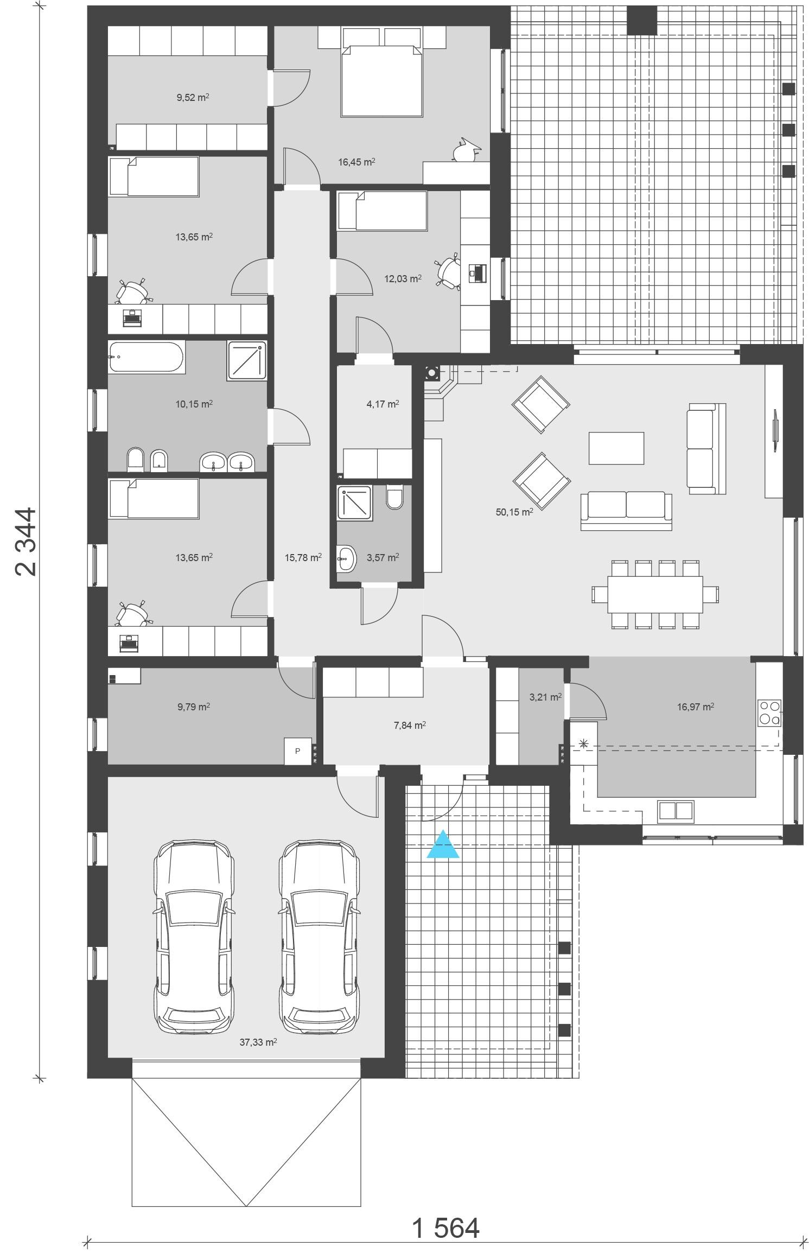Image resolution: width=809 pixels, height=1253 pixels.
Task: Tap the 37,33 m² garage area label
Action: coord(258,1041)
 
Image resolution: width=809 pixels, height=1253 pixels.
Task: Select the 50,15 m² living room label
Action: coord(514,512)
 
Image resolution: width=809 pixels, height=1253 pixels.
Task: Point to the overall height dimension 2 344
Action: coord(26,541)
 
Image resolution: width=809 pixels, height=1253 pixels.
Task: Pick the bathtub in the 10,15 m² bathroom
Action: coord(146,357)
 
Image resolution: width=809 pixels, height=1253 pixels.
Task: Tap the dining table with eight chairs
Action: coord(655,594)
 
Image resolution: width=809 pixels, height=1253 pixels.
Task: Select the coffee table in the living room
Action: coord(616,448)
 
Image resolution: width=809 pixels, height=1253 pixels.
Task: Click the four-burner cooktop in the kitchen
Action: coord(769,713)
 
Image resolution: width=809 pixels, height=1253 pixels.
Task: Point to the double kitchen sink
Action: coord(676,810)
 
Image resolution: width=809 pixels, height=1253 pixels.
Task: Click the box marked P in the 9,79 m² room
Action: coord(297,751)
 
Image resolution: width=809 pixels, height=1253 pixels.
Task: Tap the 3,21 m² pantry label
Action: coord(545,697)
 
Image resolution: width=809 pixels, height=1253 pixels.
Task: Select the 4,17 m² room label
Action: coord(383,404)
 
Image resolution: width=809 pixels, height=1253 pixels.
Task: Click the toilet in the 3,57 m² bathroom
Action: coord(395,497)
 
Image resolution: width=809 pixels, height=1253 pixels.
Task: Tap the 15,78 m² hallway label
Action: coord(303,557)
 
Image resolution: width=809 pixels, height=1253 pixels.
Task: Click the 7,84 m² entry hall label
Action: coord(410,725)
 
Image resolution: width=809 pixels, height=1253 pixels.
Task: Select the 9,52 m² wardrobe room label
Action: coord(193,98)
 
